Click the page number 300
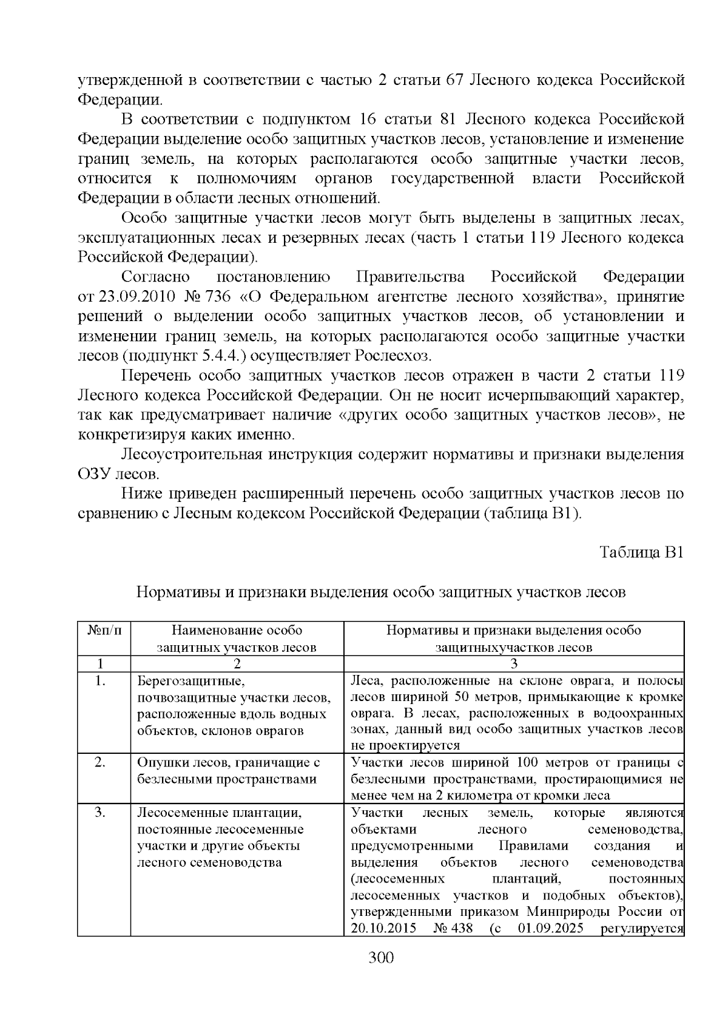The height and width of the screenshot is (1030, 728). click(382, 958)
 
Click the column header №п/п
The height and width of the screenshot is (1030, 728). click(104, 630)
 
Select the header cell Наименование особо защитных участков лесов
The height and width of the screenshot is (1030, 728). click(237, 639)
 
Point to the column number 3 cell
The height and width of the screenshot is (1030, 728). click(513, 663)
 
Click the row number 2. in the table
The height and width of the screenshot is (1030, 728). click(101, 762)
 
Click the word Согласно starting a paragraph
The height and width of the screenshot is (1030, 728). click(155, 277)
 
